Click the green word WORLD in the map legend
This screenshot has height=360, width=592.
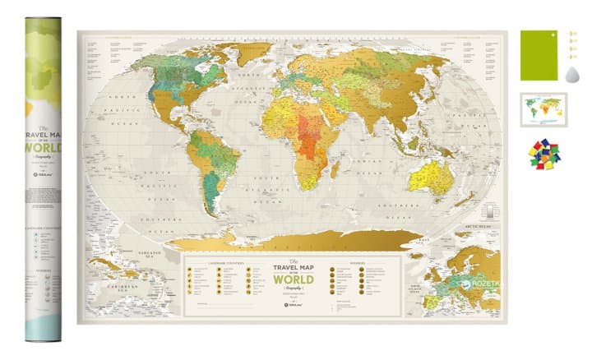(293, 279)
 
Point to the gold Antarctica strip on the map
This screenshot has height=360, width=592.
(296, 239)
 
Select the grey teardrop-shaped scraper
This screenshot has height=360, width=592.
(572, 75)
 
